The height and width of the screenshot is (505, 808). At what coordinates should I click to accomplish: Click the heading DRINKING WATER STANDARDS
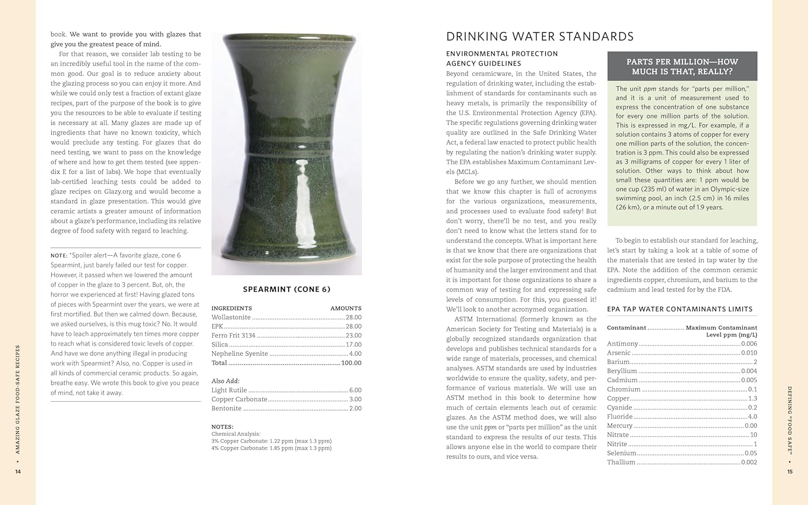pyautogui.click(x=540, y=37)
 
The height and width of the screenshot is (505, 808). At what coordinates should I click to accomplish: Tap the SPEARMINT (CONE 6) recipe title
pyautogui.click(x=287, y=289)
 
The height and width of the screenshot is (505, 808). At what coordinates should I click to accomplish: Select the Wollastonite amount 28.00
pyautogui.click(x=353, y=318)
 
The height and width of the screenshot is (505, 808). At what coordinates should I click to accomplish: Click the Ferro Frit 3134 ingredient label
pyautogui.click(x=233, y=335)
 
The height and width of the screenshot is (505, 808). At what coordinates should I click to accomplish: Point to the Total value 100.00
pyautogui.click(x=351, y=363)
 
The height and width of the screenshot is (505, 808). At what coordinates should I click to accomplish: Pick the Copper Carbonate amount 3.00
pyautogui.click(x=355, y=399)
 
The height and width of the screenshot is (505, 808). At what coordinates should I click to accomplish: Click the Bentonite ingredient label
pyautogui.click(x=226, y=409)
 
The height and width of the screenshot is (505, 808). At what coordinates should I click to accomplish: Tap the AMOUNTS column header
pyautogui.click(x=346, y=308)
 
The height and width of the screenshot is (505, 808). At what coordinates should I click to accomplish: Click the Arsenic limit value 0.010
pyautogui.click(x=749, y=353)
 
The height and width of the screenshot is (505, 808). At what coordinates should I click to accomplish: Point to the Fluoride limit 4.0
pyautogui.click(x=752, y=417)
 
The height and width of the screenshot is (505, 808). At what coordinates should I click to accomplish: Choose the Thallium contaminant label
pyautogui.click(x=621, y=462)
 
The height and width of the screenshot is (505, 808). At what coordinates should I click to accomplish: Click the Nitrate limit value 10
pyautogui.click(x=754, y=435)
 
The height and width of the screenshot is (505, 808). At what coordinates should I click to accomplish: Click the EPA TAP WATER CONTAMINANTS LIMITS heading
pyautogui.click(x=680, y=309)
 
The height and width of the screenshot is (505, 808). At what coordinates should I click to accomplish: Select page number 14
pyautogui.click(x=18, y=472)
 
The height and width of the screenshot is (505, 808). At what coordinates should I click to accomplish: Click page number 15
pyautogui.click(x=790, y=472)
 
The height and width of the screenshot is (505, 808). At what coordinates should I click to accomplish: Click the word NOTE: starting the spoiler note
pyautogui.click(x=59, y=256)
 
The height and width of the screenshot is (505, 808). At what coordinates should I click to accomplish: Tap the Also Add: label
pyautogui.click(x=225, y=381)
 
